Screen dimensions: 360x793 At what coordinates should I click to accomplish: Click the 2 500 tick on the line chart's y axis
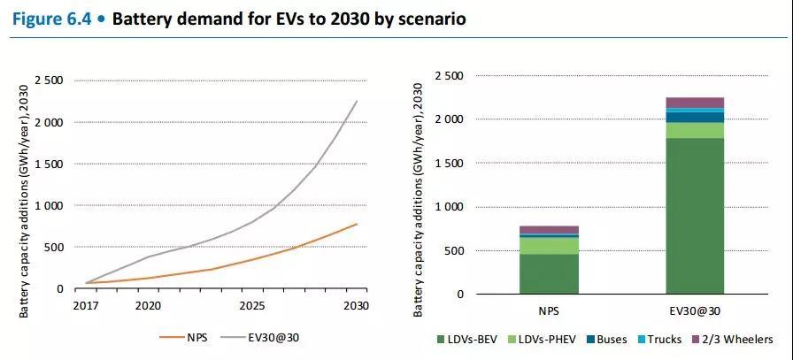click(48, 80)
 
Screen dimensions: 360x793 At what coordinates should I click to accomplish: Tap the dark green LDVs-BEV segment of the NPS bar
click(549, 274)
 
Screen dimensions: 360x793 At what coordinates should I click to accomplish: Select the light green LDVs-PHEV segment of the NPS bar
click(549, 246)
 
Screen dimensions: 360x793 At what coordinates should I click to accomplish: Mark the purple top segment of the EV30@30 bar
click(695, 103)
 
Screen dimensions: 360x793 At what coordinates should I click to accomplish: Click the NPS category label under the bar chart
click(549, 312)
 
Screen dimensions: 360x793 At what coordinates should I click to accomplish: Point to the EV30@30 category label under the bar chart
click(695, 312)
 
